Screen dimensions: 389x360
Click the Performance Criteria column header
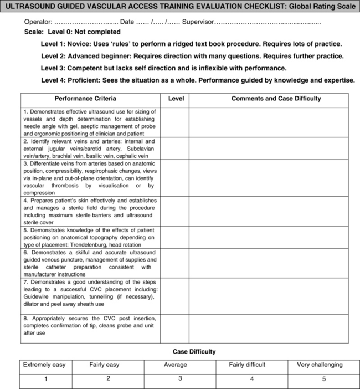pyautogui.click(x=85, y=99)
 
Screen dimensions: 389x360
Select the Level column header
pyautogui.click(x=176, y=99)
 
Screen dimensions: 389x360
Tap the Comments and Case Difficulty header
pyautogui.click(x=276, y=99)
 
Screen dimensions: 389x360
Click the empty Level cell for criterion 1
pyautogui.click(x=175, y=122)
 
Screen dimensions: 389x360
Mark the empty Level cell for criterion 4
pyautogui.click(x=175, y=211)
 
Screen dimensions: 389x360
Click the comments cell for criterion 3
pyautogui.click(x=269, y=178)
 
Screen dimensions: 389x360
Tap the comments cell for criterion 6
pyautogui.click(x=269, y=263)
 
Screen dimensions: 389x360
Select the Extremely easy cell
pyautogui.click(x=44, y=365)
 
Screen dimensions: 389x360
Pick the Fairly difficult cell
pyautogui.click(x=247, y=365)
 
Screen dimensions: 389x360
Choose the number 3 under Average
pyautogui.click(x=180, y=378)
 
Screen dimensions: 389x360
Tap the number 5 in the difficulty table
pyautogui.click(x=324, y=379)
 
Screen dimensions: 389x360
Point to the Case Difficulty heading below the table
pyautogui.click(x=194, y=352)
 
